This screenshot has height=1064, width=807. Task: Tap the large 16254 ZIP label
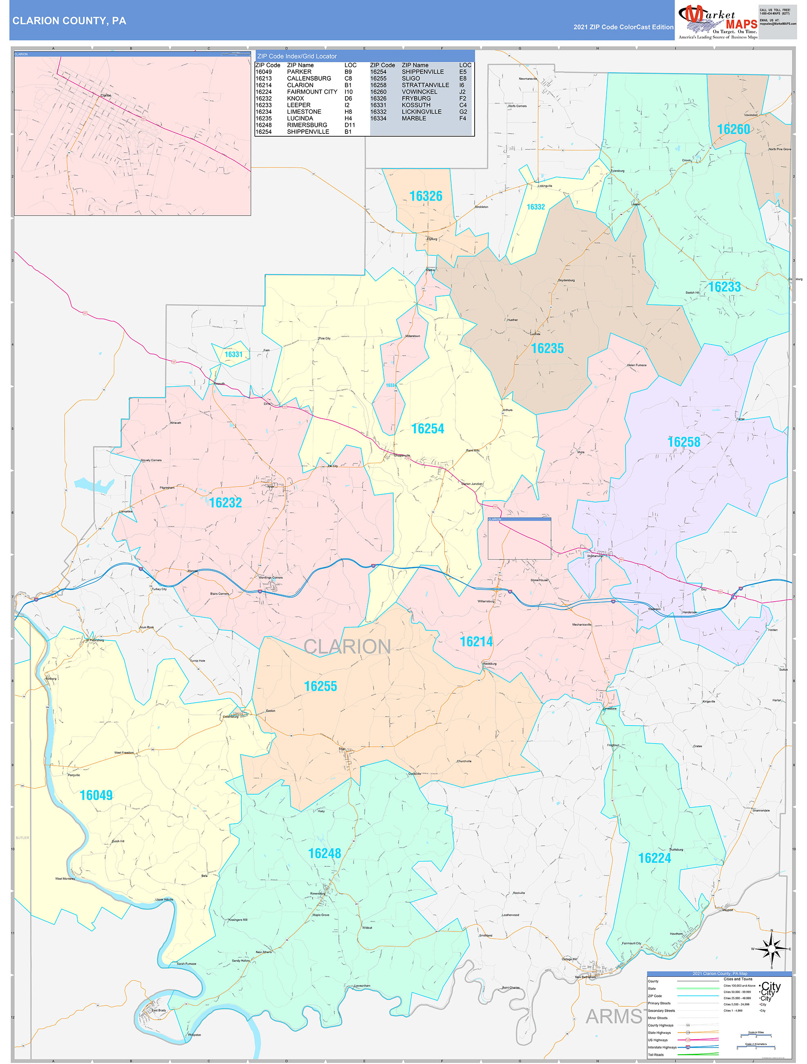click(427, 428)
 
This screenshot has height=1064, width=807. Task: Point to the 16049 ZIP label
click(96, 795)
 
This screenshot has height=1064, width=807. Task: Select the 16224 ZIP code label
click(654, 858)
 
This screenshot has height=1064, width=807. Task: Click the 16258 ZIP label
click(684, 442)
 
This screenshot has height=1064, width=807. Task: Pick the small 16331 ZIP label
click(233, 354)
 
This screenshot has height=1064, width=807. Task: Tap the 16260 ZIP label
click(733, 129)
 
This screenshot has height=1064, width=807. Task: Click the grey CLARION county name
click(347, 647)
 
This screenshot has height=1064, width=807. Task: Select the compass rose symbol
click(771, 948)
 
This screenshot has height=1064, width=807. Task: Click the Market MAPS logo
click(717, 20)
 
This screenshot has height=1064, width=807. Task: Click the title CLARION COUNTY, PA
click(69, 21)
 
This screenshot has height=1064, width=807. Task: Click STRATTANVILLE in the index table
click(425, 85)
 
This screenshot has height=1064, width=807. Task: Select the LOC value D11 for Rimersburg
click(350, 125)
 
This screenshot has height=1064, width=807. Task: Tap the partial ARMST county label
click(614, 1017)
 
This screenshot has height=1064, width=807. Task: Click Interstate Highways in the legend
click(662, 1047)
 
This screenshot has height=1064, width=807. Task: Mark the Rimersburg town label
click(318, 893)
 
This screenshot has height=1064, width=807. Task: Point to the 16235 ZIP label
click(547, 348)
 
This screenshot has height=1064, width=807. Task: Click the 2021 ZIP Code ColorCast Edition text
click(623, 27)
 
